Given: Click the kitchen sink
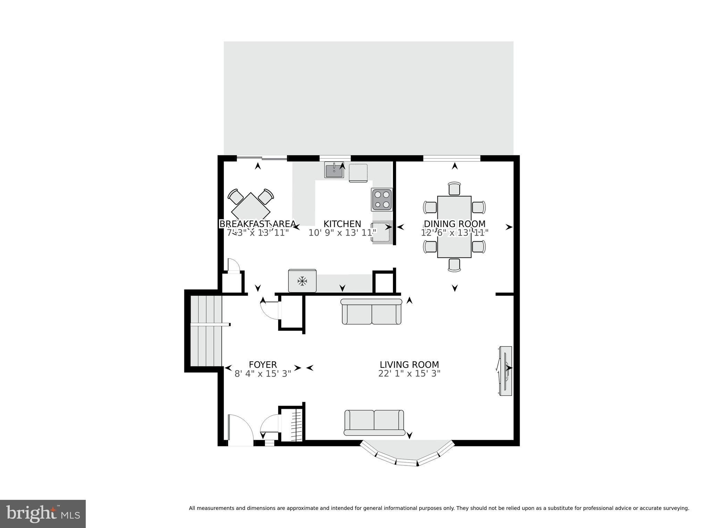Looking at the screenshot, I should click(334, 170).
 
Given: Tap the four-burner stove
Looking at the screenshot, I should click(382, 200).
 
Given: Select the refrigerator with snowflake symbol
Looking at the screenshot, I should click(302, 281).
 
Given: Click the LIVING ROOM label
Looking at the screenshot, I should click(409, 365).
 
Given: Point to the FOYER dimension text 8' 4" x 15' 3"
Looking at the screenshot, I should click(263, 374).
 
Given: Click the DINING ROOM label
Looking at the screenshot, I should click(454, 224).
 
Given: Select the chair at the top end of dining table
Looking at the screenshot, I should click(454, 189).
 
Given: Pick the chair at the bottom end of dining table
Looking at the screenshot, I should click(454, 265).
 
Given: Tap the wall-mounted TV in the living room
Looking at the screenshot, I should click(505, 371).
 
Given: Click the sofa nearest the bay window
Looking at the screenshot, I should click(374, 422).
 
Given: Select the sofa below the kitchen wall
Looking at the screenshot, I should click(371, 311).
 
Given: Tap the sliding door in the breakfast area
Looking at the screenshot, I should click(262, 159).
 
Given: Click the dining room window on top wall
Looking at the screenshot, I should click(451, 159).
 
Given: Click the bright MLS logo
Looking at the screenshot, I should click(43, 514).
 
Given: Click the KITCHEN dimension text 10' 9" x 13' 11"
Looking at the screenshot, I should click(342, 233).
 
